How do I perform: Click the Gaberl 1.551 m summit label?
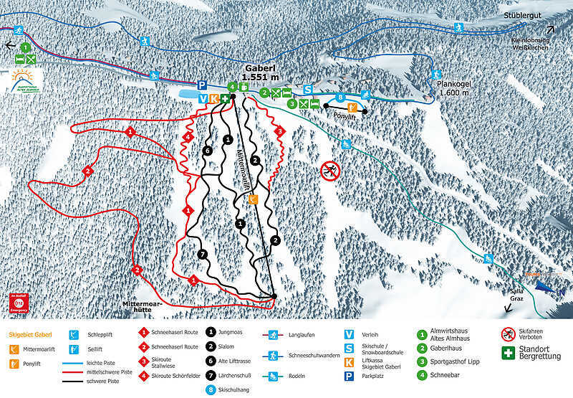[260, 71]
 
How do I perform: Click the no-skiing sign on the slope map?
[330, 170]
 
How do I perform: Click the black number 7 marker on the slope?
[203, 255]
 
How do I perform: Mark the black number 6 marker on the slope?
[207, 151]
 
